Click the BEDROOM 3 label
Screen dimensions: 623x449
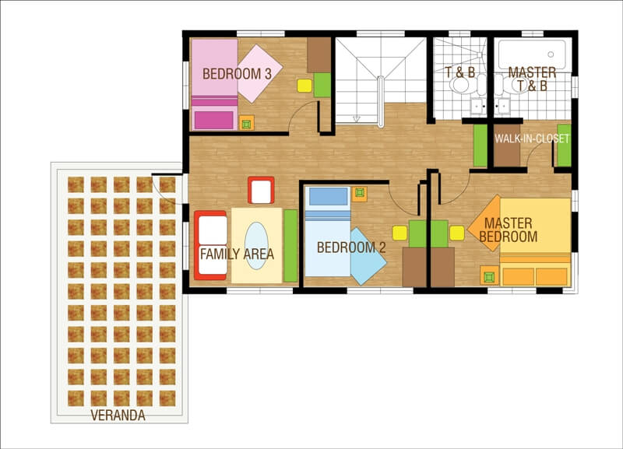coord(237,74)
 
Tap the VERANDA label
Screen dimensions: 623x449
coord(118,416)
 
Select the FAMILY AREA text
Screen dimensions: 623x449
coord(238,254)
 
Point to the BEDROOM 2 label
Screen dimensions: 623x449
coord(351,247)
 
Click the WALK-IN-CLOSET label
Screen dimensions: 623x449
coord(532,139)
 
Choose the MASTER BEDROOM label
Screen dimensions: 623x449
coord(509,230)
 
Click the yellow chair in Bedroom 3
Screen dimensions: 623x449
coord(304,86)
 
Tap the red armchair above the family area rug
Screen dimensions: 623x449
coord(261,190)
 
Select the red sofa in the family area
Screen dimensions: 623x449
coord(210,245)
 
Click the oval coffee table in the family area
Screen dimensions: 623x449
coord(256,246)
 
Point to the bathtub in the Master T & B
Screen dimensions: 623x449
coord(532,54)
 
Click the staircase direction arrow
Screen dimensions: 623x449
coord(357,119)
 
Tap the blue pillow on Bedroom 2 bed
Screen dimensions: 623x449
coord(328,197)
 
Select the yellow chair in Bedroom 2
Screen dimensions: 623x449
coord(399,233)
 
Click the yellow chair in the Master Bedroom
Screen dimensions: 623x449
coord(457,233)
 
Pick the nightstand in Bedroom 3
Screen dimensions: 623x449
coord(246,123)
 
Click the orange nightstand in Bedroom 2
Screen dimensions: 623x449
coord(360,193)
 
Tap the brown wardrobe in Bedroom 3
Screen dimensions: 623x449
coord(319,54)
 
